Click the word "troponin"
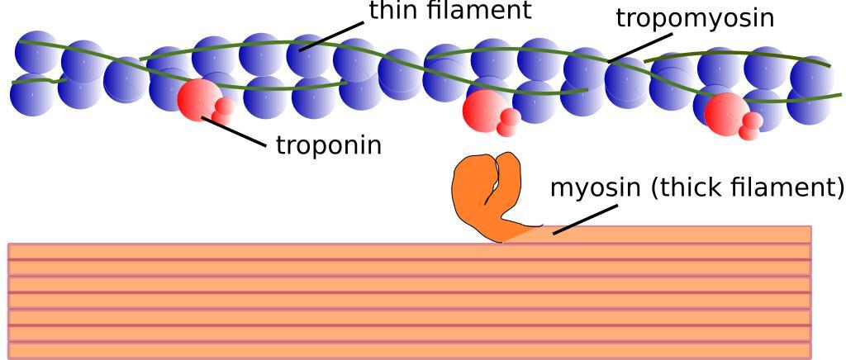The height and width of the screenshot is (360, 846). coord(328,145)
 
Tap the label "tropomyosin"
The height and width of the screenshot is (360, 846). coord(695,17)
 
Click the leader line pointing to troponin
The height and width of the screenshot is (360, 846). coord(235,132)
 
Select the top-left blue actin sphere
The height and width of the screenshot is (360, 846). coord(37,51)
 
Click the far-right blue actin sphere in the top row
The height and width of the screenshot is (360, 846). coord(812,76)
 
